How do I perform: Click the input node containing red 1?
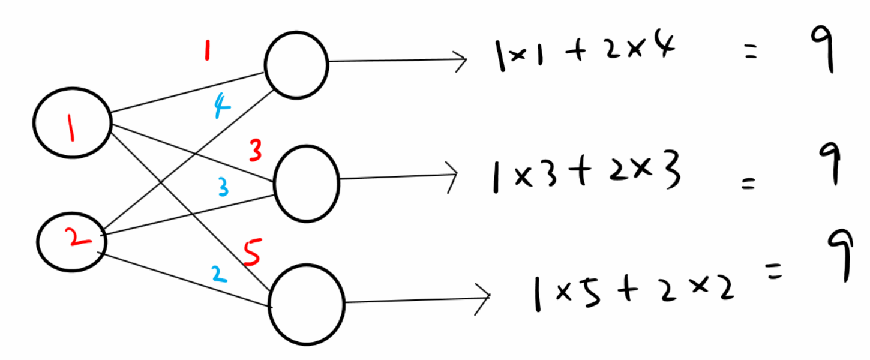(x=71, y=123)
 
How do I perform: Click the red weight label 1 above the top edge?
(x=206, y=51)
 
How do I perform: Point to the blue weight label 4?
(x=221, y=109)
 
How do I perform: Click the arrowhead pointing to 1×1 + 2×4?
(x=461, y=59)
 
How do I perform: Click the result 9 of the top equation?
(x=820, y=50)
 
